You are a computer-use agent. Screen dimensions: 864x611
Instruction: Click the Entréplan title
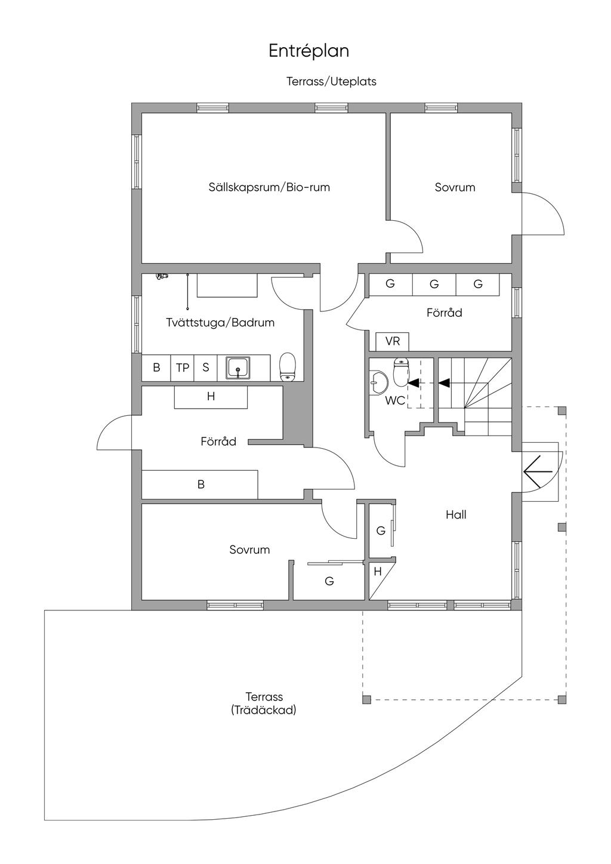(x=308, y=51)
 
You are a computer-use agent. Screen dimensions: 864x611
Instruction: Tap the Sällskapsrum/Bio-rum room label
(x=269, y=187)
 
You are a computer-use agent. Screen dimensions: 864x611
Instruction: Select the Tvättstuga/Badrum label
(x=220, y=323)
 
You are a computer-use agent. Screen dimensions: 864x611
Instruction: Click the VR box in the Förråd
(x=392, y=342)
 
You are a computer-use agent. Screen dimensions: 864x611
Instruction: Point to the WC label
(x=394, y=401)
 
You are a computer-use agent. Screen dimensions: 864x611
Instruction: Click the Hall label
(x=456, y=514)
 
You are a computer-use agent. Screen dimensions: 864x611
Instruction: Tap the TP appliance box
(x=183, y=368)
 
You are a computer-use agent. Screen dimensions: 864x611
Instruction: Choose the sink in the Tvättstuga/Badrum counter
(x=239, y=368)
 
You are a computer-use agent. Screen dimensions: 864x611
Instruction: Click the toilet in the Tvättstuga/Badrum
(x=288, y=366)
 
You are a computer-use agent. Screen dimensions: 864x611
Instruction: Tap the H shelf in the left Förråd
(x=211, y=397)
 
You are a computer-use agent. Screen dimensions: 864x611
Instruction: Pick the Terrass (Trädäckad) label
(x=264, y=703)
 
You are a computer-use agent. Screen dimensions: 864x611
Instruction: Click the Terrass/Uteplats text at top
(x=331, y=82)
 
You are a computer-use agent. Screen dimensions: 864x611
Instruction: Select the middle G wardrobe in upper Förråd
(x=434, y=285)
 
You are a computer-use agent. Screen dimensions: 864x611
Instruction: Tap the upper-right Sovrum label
(x=455, y=187)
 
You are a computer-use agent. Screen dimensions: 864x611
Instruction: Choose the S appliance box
(x=206, y=368)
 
